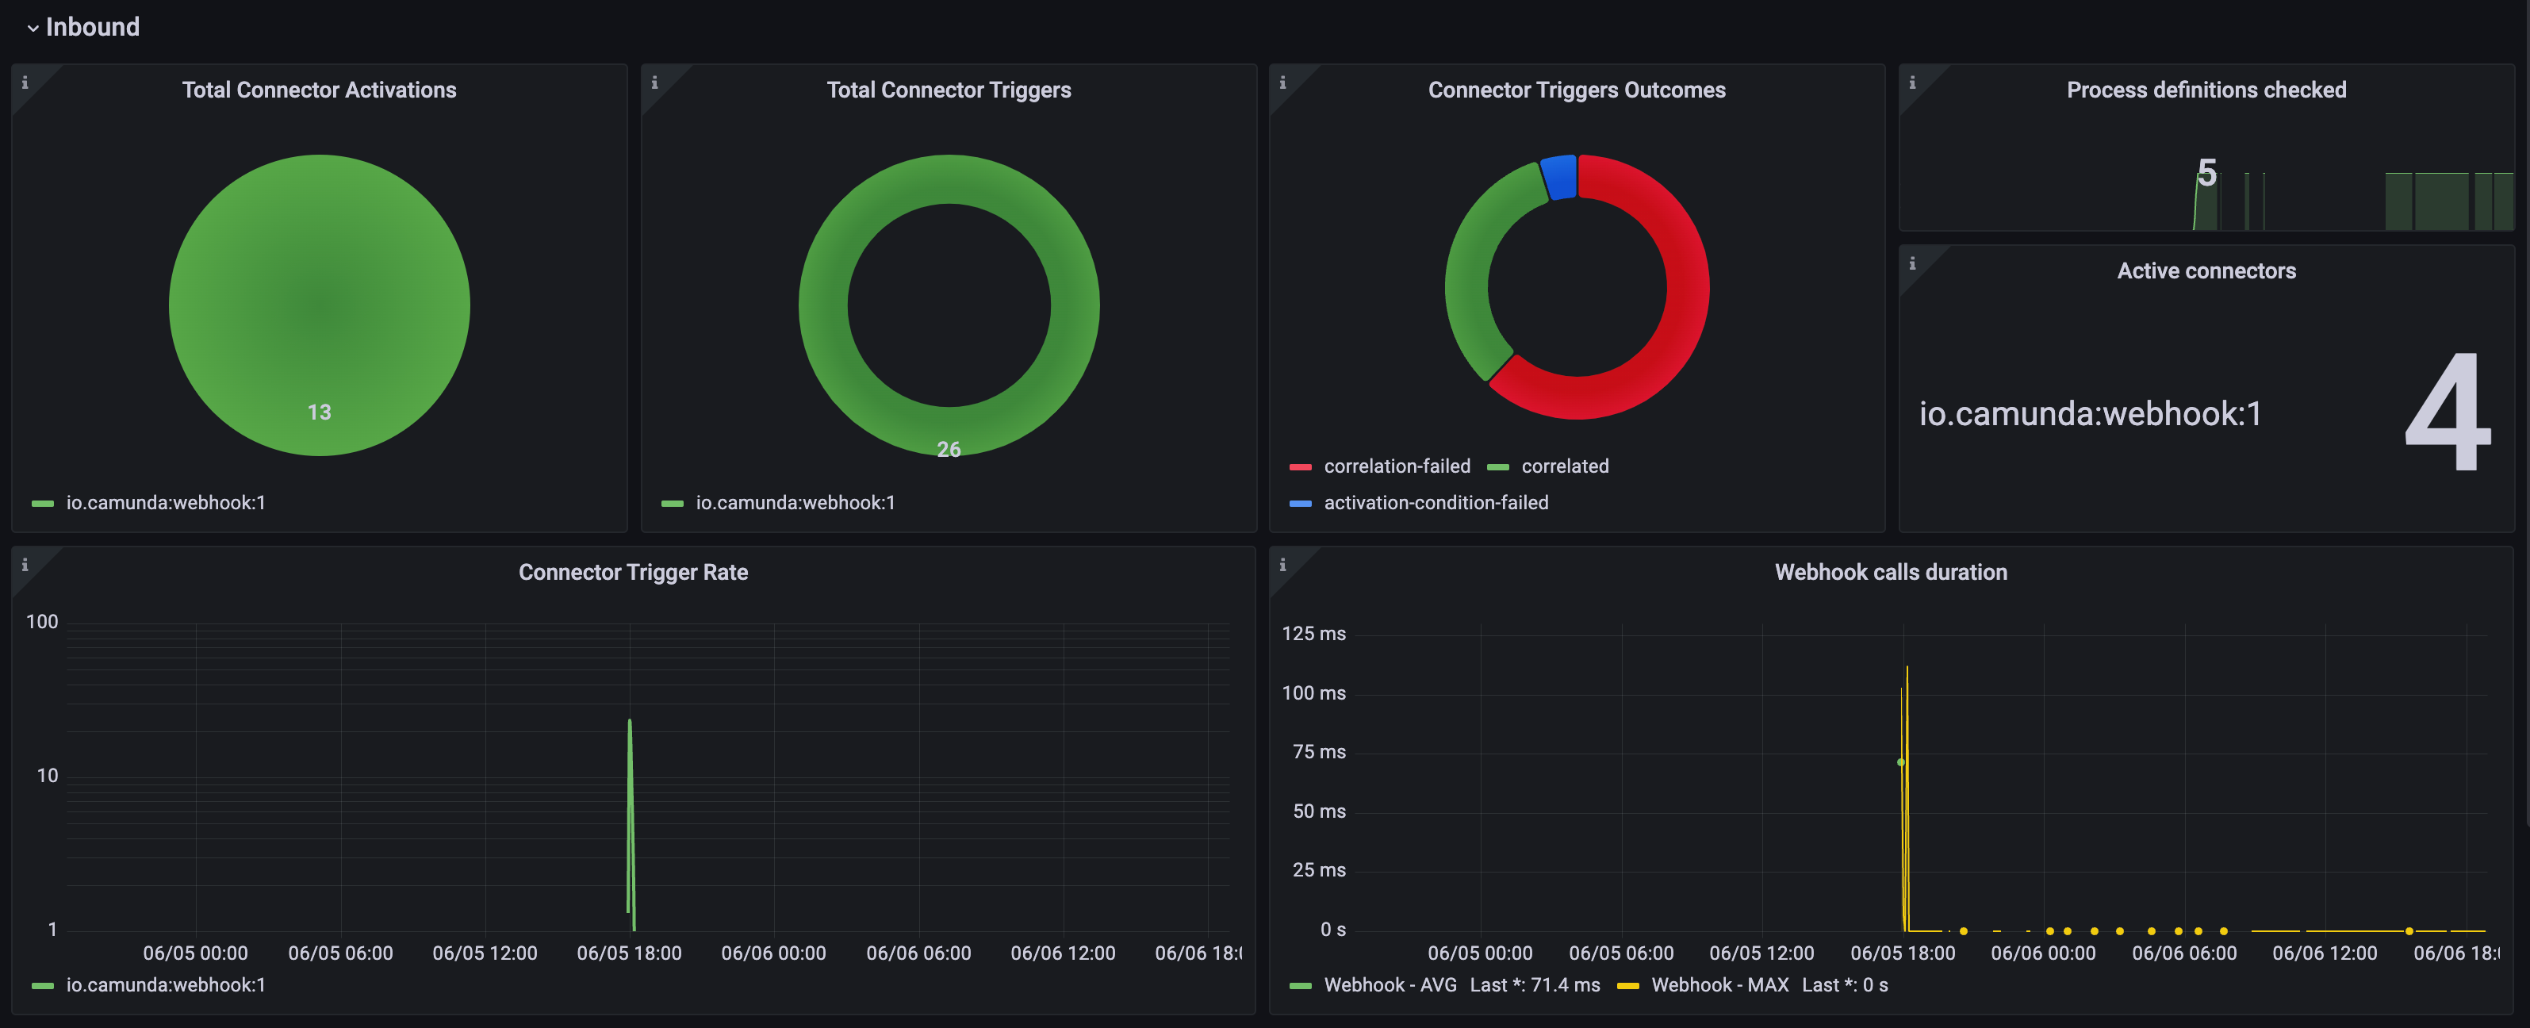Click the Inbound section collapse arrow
click(33, 29)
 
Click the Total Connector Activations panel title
click(318, 90)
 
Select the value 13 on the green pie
click(318, 412)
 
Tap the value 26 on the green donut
click(948, 449)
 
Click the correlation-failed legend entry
click(1396, 466)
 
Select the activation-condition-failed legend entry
click(1435, 503)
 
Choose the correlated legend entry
click(1565, 466)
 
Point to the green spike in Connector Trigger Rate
click(630, 785)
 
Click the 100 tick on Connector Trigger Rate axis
click(42, 622)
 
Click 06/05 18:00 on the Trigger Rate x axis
click(629, 953)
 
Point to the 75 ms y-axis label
click(1318, 751)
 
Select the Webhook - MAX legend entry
click(1719, 985)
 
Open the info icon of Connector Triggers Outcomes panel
click(1282, 82)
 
